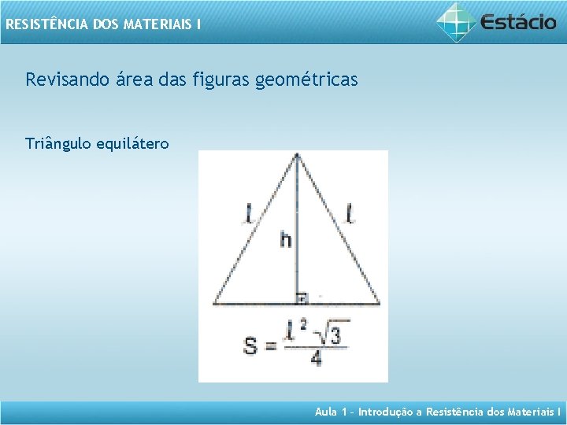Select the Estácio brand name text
click(518, 21)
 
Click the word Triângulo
click(58, 143)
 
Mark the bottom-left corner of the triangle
click(213, 303)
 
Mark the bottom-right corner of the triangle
click(380, 303)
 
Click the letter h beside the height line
click(285, 238)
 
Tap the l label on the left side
click(250, 213)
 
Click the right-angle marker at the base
click(300, 297)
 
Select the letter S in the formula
click(250, 346)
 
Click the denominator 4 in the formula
click(315, 358)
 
